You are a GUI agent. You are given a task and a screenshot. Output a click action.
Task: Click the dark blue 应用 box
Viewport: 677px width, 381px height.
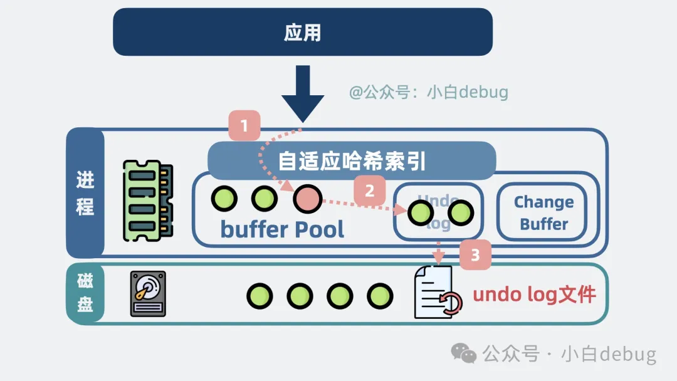[303, 32]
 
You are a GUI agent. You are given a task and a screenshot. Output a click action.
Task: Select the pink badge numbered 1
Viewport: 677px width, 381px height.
[244, 125]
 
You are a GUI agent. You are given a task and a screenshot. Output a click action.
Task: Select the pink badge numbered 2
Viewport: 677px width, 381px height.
[369, 190]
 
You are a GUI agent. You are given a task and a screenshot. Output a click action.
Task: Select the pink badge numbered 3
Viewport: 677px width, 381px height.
[475, 255]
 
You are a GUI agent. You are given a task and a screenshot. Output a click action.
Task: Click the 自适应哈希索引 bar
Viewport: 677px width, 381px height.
[352, 160]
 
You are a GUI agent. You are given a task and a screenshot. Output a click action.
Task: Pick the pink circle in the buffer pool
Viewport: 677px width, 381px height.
[307, 199]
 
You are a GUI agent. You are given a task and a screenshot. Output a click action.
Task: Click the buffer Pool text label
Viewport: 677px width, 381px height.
[282, 229]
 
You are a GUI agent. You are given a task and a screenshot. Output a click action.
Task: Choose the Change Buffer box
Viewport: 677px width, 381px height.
[543, 212]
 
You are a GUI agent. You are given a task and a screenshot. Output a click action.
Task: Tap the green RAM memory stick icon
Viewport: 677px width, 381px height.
[148, 201]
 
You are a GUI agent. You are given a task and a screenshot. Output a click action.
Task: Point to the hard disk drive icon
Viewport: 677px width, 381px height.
[148, 294]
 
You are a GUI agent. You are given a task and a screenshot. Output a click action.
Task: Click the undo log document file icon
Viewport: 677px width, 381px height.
[436, 293]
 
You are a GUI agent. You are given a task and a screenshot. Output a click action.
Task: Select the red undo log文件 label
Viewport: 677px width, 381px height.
[534, 295]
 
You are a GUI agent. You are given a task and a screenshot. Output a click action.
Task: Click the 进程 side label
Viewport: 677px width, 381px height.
[85, 193]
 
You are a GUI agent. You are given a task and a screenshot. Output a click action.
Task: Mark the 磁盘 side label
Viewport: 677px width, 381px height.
[85, 293]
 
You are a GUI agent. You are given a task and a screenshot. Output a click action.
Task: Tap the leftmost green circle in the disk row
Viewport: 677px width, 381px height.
[260, 296]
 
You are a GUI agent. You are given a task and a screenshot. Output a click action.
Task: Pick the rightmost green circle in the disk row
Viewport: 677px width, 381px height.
[380, 296]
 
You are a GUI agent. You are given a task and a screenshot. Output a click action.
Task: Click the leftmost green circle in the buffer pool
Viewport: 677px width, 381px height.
[224, 199]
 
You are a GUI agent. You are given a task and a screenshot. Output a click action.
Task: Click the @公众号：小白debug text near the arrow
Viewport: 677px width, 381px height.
[429, 93]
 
